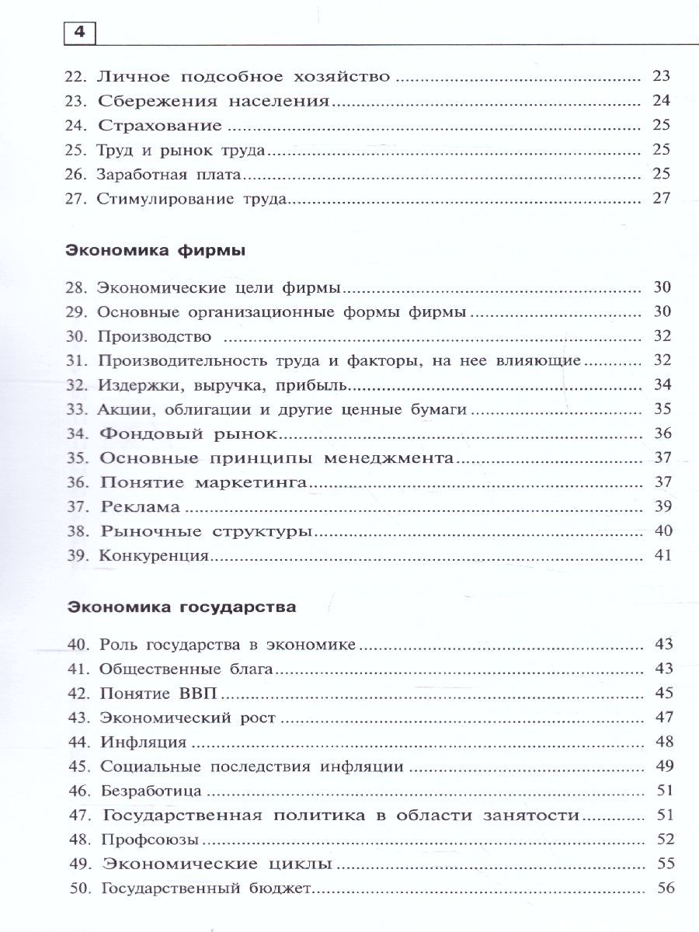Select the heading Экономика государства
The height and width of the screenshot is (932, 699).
coord(181,607)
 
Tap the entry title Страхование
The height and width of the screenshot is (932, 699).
coord(161,126)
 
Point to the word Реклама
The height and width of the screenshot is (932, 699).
coord(141,507)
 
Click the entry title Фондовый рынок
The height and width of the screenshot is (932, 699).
coord(189,433)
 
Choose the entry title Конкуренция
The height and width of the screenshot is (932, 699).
coord(153,555)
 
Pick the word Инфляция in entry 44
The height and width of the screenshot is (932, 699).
coord(144,742)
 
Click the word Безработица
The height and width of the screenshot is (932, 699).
coord(151,791)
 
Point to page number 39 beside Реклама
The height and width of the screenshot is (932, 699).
coord(662,507)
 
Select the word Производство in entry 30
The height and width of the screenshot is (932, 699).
coord(155,336)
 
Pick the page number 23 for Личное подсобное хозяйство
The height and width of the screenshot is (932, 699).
coord(661,77)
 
